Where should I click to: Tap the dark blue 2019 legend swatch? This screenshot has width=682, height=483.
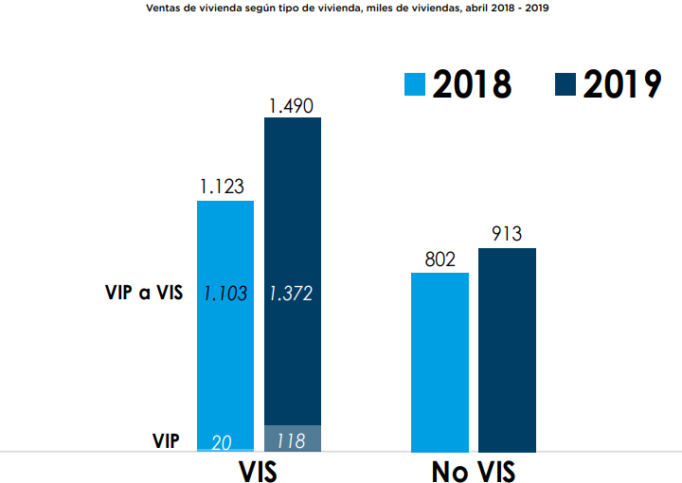[565, 83]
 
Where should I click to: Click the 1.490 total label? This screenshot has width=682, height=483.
[292, 106]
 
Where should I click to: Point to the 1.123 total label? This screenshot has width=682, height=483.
[224, 188]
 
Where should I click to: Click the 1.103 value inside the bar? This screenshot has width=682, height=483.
[225, 294]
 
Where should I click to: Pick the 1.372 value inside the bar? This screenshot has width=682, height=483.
[293, 294]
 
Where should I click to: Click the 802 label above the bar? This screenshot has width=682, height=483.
[440, 259]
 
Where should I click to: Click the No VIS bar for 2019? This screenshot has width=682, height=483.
[507, 349]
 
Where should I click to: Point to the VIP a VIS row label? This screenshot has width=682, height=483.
[143, 293]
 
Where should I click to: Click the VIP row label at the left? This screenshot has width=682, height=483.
[167, 440]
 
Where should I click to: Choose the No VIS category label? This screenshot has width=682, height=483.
[474, 470]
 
